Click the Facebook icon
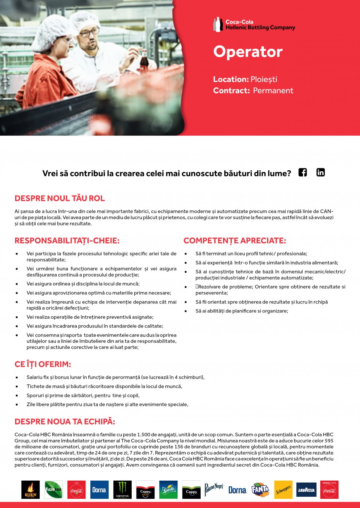point(303,172)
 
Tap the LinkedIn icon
point(321,172)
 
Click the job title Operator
point(248,52)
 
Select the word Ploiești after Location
point(264,79)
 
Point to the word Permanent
point(273,91)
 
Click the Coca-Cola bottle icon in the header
point(218,25)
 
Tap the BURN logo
point(30,490)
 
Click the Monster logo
point(123,490)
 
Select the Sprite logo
point(168,490)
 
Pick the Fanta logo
point(260,490)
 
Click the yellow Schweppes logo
point(283,490)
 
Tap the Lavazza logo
point(306,490)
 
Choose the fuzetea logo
point(53,490)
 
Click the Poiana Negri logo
point(214,489)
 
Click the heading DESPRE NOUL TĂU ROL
point(60,199)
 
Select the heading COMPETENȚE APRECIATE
point(235,241)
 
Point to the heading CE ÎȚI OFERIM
point(43,364)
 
